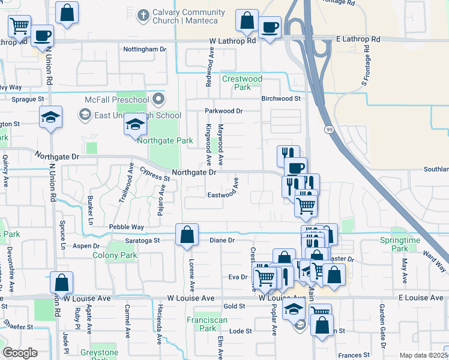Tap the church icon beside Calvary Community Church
pos(143,13)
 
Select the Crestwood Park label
pos(243,83)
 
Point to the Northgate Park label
pos(165,141)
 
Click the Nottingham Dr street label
pos(144,49)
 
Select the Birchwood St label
pos(280,98)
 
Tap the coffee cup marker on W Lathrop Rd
pos(270,27)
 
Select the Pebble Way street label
pos(126,227)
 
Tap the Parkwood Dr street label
pos(223,111)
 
